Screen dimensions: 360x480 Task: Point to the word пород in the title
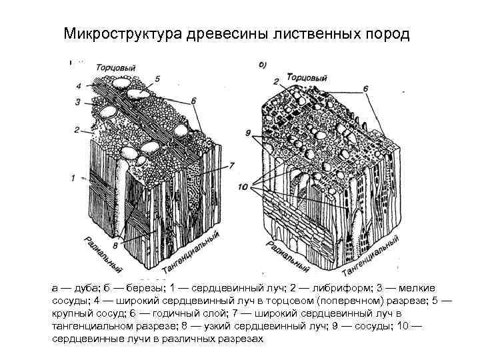click(x=385, y=33)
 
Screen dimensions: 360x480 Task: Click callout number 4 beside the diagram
click(x=79, y=85)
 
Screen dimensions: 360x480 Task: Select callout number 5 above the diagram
click(x=157, y=78)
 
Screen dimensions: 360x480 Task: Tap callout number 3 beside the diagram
click(x=78, y=102)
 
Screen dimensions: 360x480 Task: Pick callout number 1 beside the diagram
click(x=73, y=178)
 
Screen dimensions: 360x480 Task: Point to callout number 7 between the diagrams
click(x=232, y=164)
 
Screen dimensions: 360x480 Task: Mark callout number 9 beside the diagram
click(x=247, y=133)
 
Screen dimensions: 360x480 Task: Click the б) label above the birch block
click(x=263, y=64)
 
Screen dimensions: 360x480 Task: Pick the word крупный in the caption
click(x=73, y=313)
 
